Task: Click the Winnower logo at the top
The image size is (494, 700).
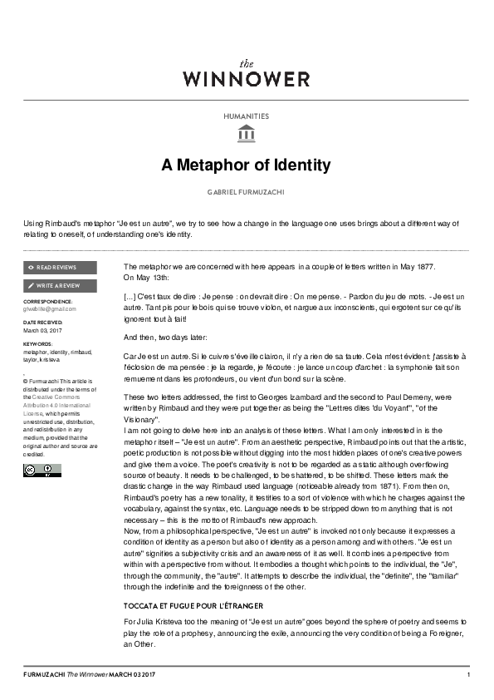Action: click(246, 74)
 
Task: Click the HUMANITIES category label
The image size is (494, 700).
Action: click(246, 117)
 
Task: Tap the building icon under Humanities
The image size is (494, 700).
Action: click(246, 134)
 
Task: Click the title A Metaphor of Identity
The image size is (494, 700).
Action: click(246, 165)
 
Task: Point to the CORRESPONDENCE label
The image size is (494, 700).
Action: click(47, 301)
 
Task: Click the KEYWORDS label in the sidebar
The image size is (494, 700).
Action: click(37, 343)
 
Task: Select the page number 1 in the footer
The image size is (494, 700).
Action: click(468, 674)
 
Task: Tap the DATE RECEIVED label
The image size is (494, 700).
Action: click(42, 322)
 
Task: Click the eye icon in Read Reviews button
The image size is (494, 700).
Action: click(31, 268)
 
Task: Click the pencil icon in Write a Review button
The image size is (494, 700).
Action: click(31, 285)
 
